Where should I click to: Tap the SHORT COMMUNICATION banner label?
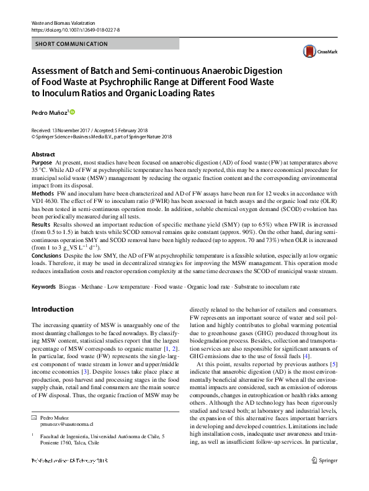pyautogui.click(x=64, y=44)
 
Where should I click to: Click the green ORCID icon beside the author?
pyautogui.click(x=72, y=112)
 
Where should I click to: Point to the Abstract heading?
pyautogui.click(x=43, y=154)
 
